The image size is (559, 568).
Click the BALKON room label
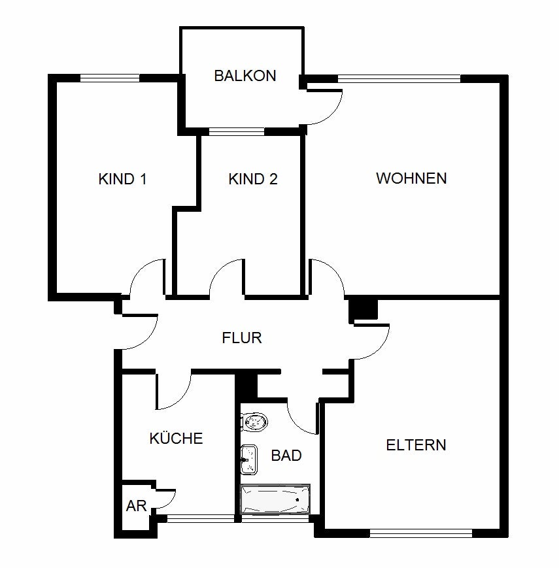(x=245, y=76)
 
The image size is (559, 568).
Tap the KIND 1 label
(x=122, y=179)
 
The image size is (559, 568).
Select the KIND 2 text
(x=253, y=179)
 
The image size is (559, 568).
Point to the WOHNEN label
(x=411, y=178)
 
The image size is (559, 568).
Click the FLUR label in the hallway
(x=242, y=338)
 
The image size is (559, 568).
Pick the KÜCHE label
(x=176, y=439)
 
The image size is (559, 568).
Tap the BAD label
(x=286, y=455)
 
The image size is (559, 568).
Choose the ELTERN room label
(x=416, y=445)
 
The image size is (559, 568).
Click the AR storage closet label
(x=135, y=505)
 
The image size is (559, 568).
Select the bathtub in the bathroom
(x=275, y=500)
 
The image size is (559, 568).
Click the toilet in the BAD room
(x=254, y=422)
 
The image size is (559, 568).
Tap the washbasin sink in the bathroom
(x=248, y=459)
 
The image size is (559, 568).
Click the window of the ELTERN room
(x=420, y=533)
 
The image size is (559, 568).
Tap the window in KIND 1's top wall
(x=110, y=78)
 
